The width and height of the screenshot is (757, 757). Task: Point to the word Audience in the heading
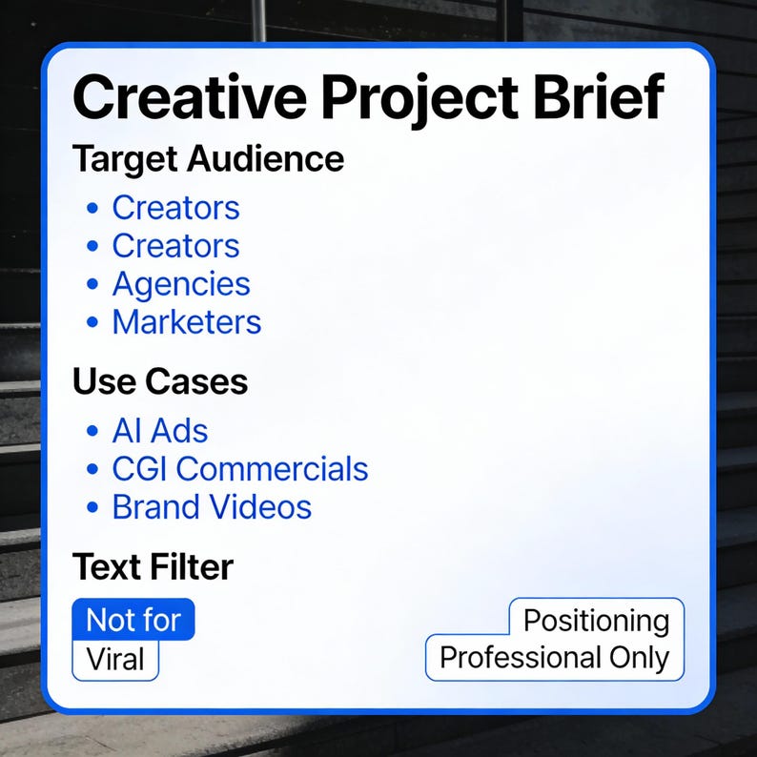pos(267,158)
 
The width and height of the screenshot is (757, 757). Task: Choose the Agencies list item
pos(181,284)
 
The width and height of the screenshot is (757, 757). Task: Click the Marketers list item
pos(187,322)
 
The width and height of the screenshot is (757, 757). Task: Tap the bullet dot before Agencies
pos(92,285)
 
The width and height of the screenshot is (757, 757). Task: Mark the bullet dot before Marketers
pos(92,323)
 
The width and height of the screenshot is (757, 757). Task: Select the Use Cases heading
pos(160,382)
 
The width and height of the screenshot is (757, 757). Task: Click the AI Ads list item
pos(160,431)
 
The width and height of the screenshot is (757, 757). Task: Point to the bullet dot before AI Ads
pos(92,432)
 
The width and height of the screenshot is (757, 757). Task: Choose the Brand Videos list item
pos(212,507)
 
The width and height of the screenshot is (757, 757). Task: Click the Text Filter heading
pos(153,567)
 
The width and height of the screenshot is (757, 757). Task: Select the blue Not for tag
pos(133,621)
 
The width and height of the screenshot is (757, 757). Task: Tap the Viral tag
pos(115,660)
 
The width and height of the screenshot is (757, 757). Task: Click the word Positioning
pos(597,621)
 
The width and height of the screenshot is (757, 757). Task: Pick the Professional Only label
pos(555,658)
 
